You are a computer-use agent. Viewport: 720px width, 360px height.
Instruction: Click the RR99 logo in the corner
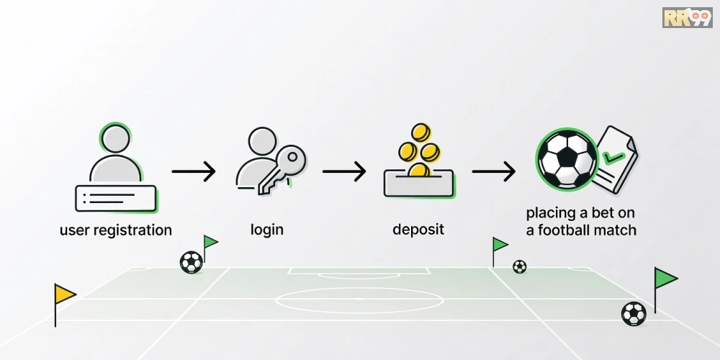(x=688, y=17)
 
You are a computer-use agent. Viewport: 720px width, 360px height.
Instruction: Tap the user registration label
(x=116, y=230)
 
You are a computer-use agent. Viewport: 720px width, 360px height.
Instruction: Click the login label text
(x=267, y=230)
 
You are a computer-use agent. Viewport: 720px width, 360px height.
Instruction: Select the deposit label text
(x=418, y=229)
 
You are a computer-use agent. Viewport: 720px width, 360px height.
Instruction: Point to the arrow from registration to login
(x=193, y=171)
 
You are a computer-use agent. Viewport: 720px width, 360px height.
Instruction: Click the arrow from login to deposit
(x=344, y=171)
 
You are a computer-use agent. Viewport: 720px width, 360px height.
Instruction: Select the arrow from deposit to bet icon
(x=494, y=171)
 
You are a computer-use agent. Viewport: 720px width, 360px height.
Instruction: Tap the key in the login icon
(x=281, y=170)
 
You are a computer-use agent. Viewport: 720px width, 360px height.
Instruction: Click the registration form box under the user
(x=116, y=199)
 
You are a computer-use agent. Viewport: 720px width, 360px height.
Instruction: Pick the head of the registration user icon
(x=116, y=138)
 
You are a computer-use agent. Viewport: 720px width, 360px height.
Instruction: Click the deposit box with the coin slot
(x=418, y=183)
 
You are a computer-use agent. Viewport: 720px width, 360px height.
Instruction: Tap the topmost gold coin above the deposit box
(x=420, y=132)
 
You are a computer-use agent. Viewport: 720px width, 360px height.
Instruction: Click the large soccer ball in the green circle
(x=567, y=159)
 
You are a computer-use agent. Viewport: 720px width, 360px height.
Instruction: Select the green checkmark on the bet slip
(x=613, y=158)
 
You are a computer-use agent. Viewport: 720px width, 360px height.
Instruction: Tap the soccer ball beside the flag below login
(x=191, y=262)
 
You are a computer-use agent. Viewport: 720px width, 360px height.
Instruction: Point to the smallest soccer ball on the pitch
(x=519, y=266)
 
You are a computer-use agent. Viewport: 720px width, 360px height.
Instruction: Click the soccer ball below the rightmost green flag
(x=634, y=314)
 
